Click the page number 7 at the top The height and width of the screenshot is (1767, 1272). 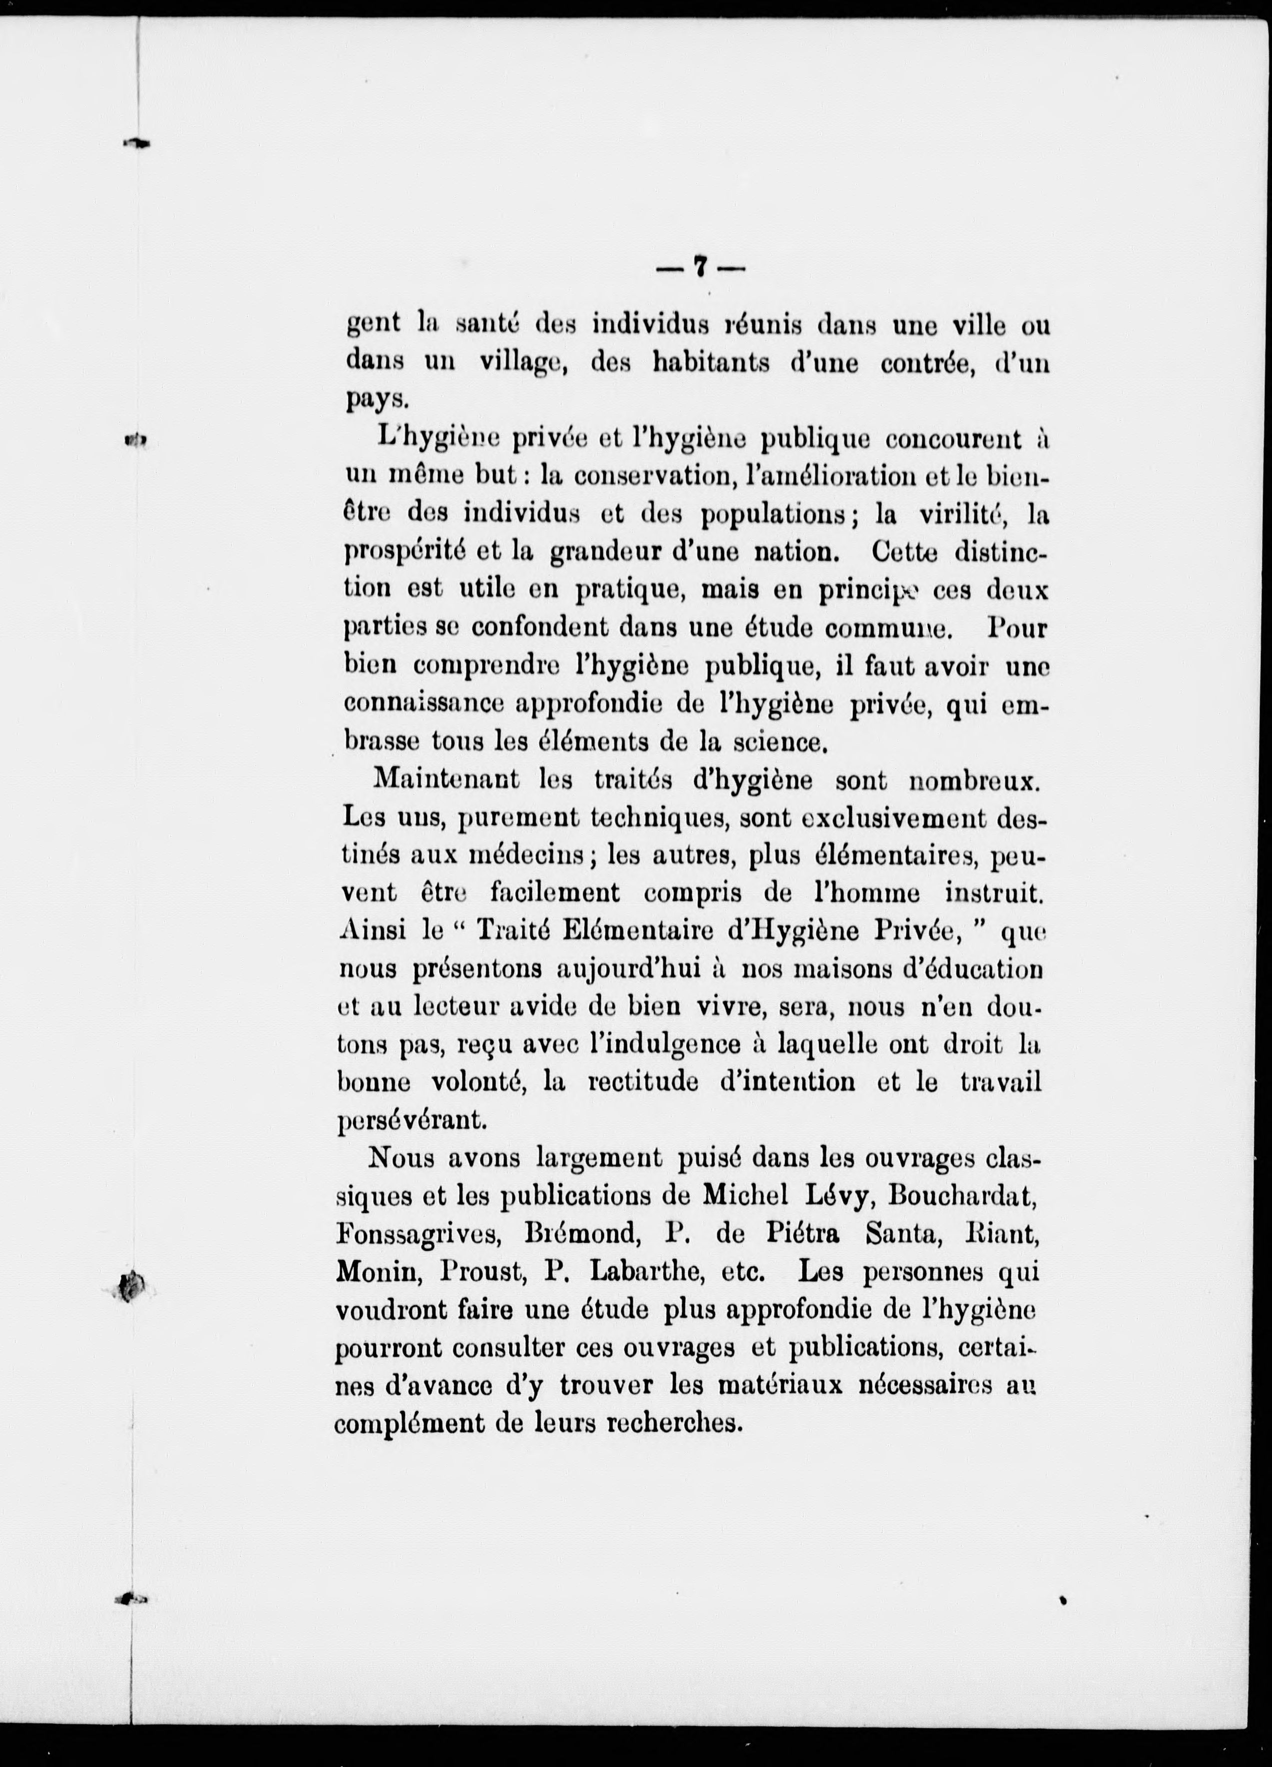tap(700, 267)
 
